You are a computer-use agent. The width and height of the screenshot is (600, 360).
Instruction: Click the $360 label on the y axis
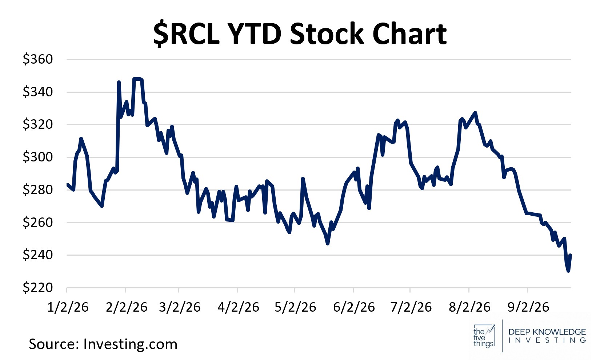[38, 59]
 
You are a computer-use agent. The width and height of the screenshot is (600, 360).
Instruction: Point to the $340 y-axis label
[38, 92]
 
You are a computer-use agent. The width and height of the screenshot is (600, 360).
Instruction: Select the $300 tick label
[38, 157]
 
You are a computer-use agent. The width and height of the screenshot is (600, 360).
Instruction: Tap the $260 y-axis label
[38, 222]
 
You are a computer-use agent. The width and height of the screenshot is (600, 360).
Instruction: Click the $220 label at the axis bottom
[38, 288]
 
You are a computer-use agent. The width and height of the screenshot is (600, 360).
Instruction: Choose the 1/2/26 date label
[68, 307]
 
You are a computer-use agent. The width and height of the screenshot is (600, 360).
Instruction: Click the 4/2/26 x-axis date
[238, 307]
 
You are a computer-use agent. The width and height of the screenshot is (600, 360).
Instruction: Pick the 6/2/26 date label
[354, 307]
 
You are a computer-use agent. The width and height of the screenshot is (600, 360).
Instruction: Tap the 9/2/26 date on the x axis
[528, 307]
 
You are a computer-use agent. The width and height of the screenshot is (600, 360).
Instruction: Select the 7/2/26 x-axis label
[411, 307]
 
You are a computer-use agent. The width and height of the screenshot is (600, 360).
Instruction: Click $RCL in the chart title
[187, 34]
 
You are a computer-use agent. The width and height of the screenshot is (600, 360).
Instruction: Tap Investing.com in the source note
[131, 344]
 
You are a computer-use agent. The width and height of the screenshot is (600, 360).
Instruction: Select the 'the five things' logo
[484, 336]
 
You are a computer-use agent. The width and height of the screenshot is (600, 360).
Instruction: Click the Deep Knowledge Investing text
[547, 336]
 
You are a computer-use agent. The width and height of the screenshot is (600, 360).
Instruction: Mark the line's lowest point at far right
[568, 271]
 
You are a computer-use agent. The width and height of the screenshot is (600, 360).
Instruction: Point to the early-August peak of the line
[475, 113]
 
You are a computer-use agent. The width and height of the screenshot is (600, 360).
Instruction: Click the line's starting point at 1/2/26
[67, 184]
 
